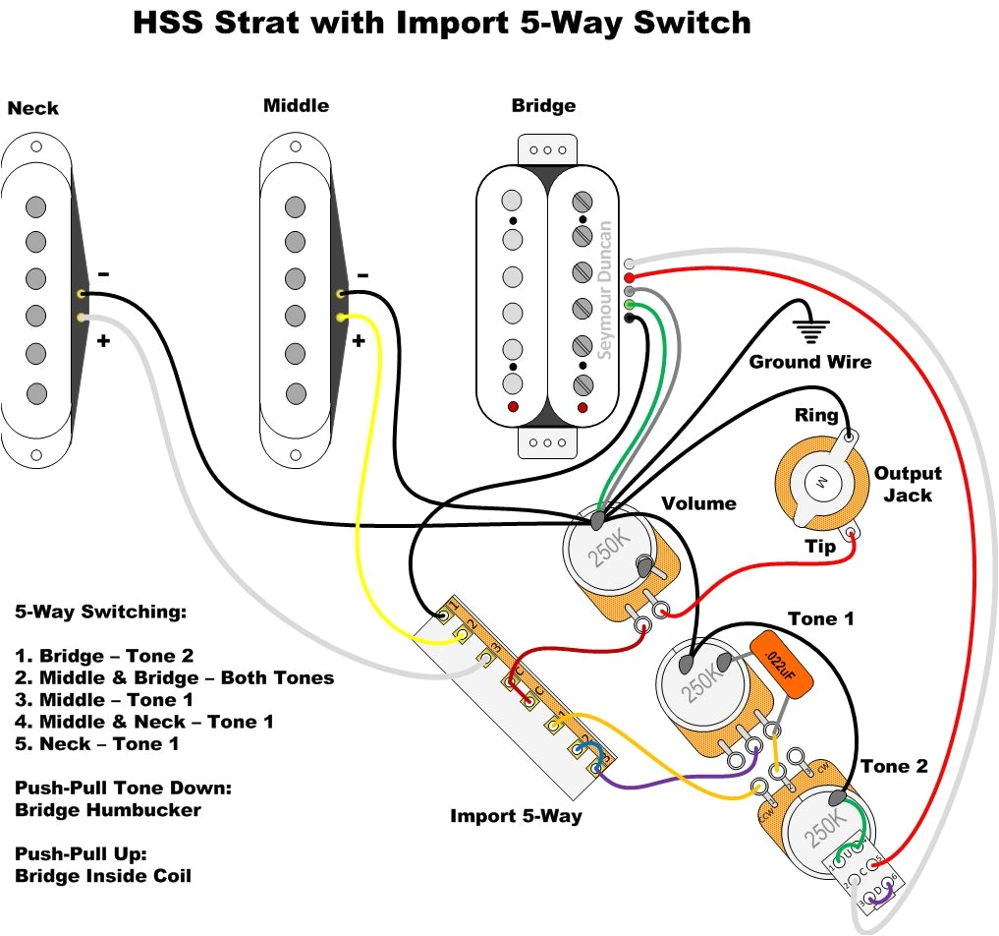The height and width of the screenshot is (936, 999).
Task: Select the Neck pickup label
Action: point(33,108)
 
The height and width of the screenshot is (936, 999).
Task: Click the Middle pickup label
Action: point(296,105)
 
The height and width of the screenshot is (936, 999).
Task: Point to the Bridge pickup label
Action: point(543,105)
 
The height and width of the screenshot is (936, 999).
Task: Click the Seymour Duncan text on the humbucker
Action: point(604,290)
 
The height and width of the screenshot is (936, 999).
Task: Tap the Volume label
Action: point(698,503)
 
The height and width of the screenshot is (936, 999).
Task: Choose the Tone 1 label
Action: point(821,618)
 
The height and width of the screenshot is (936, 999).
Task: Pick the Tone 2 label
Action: point(894,766)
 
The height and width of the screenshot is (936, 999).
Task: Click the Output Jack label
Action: point(908,484)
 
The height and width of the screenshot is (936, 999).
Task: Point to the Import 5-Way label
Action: point(516,816)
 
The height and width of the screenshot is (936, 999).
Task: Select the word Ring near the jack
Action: point(816,416)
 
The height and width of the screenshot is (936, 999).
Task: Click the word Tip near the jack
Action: point(821,547)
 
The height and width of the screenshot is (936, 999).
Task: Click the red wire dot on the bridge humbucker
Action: point(629,278)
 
